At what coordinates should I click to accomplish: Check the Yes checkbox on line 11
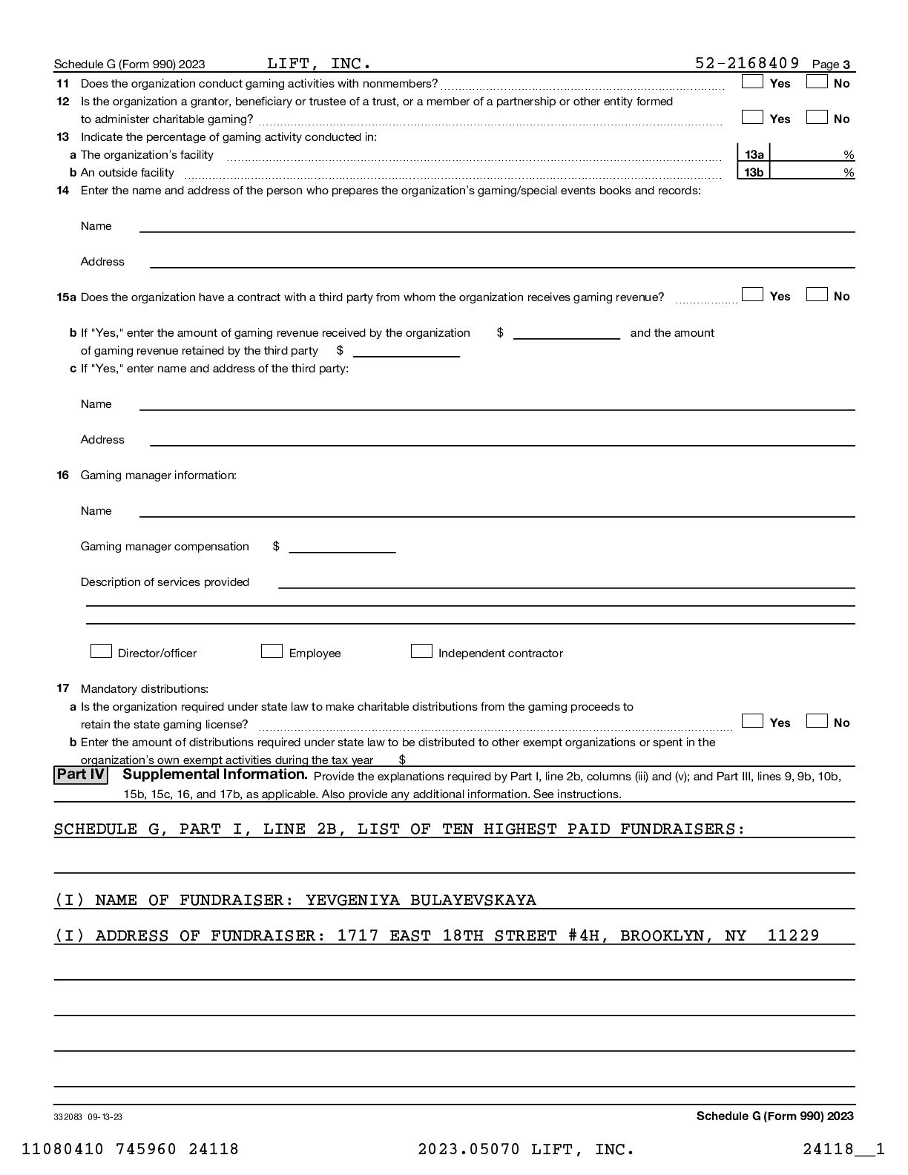point(752,82)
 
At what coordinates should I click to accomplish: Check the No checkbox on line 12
point(817,117)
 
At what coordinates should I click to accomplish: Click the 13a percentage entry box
point(812,154)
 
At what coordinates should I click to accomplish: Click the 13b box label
point(754,172)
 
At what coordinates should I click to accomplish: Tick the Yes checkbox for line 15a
point(752,294)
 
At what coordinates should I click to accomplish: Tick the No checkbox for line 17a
point(817,721)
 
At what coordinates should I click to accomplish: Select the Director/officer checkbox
point(101,651)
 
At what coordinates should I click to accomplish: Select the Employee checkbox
point(272,651)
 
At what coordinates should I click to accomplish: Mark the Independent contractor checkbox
point(421,651)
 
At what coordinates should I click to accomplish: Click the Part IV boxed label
point(81,775)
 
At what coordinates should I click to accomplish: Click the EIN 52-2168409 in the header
point(747,63)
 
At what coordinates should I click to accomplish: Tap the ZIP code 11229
point(793,936)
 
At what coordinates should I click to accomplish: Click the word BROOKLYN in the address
point(662,936)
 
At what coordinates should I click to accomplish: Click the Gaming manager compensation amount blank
point(342,547)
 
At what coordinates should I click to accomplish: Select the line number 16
point(63,475)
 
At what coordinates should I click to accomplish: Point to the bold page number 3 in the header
point(846,65)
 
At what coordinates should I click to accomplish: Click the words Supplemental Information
point(214,774)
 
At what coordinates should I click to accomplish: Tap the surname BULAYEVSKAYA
point(473,901)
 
